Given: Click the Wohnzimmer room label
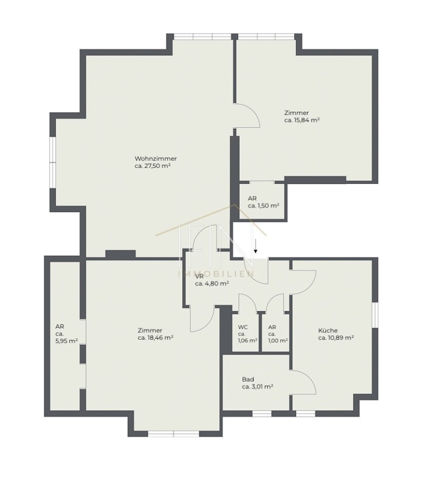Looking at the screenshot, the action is pos(156,159).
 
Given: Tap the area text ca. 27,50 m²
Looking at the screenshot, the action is pos(153,166).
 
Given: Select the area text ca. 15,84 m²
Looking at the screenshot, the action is pos(302,120).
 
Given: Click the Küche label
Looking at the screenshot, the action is pos(328,330).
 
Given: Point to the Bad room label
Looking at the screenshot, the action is pos(248,379).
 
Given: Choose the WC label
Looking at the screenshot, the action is pos(243,327).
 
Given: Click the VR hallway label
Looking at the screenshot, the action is pos(200,276).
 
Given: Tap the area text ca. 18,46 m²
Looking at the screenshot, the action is pos(156,338).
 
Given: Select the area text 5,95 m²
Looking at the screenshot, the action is pos(67,340).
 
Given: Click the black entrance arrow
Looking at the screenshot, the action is pos(256,247).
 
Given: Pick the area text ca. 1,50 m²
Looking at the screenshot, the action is pos(264,206).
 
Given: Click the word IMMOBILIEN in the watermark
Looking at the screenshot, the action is pos(216,273).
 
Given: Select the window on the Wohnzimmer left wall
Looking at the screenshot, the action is pos(53,162).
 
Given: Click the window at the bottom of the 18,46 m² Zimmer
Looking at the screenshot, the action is pos(173,434).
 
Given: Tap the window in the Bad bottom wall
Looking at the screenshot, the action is pos(262,414).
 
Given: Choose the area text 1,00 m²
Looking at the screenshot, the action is pos(278,340).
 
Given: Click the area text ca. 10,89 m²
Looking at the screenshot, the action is pos(336,338).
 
